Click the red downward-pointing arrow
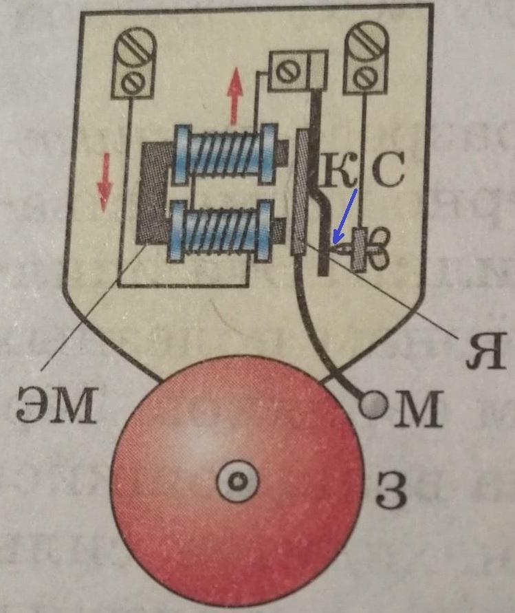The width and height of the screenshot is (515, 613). (104, 182)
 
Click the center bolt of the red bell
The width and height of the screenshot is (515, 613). (237, 482)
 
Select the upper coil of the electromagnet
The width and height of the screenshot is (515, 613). (227, 154)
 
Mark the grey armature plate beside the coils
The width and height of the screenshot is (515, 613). (299, 193)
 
